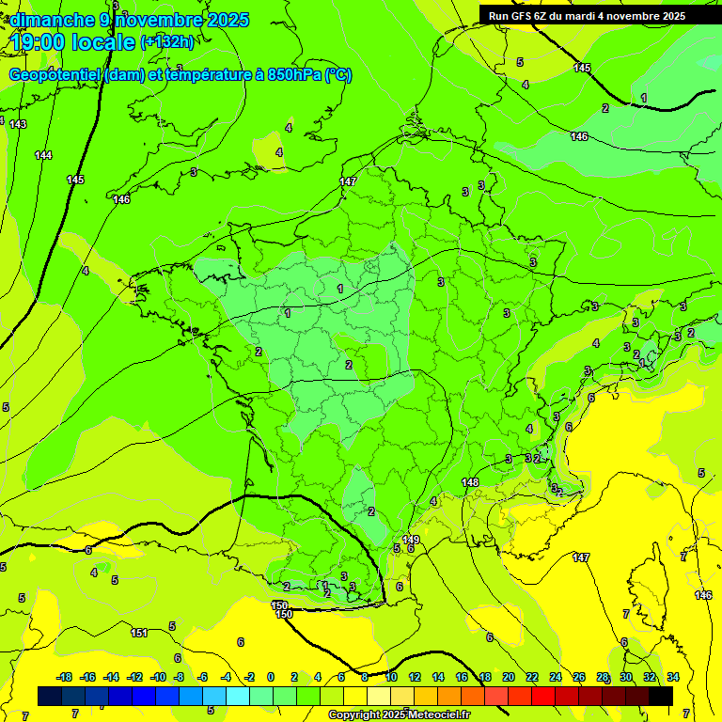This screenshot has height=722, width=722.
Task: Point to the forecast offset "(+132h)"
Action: tap(167, 41)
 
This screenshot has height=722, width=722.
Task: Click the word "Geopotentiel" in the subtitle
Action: tap(55, 75)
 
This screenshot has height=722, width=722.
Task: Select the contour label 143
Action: tap(18, 124)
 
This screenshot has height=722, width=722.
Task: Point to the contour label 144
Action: tap(43, 155)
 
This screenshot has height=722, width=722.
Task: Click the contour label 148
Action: tap(471, 482)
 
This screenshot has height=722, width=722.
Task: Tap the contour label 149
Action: tap(411, 540)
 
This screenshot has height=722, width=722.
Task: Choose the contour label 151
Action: tap(139, 633)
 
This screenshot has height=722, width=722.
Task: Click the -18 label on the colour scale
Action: tap(64, 677)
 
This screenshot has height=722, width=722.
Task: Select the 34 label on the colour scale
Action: tap(672, 677)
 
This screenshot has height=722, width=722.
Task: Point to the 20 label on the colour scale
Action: tap(508, 677)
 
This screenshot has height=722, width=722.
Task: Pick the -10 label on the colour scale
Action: tap(158, 677)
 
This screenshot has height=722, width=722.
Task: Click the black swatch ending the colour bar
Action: tap(661, 696)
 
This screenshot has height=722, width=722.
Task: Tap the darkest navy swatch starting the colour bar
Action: tap(50, 696)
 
